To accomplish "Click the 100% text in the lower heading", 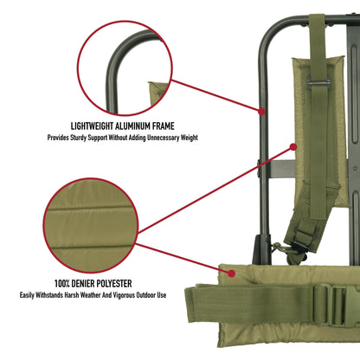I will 67,283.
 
